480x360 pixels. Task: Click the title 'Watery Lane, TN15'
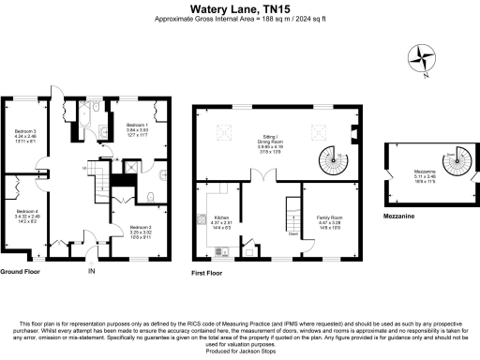[239, 7]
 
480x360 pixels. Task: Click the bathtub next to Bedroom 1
[82, 118]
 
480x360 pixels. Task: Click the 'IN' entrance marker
[91, 272]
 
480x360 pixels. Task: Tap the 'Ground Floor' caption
[20, 271]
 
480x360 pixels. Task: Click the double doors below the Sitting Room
[265, 178]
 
